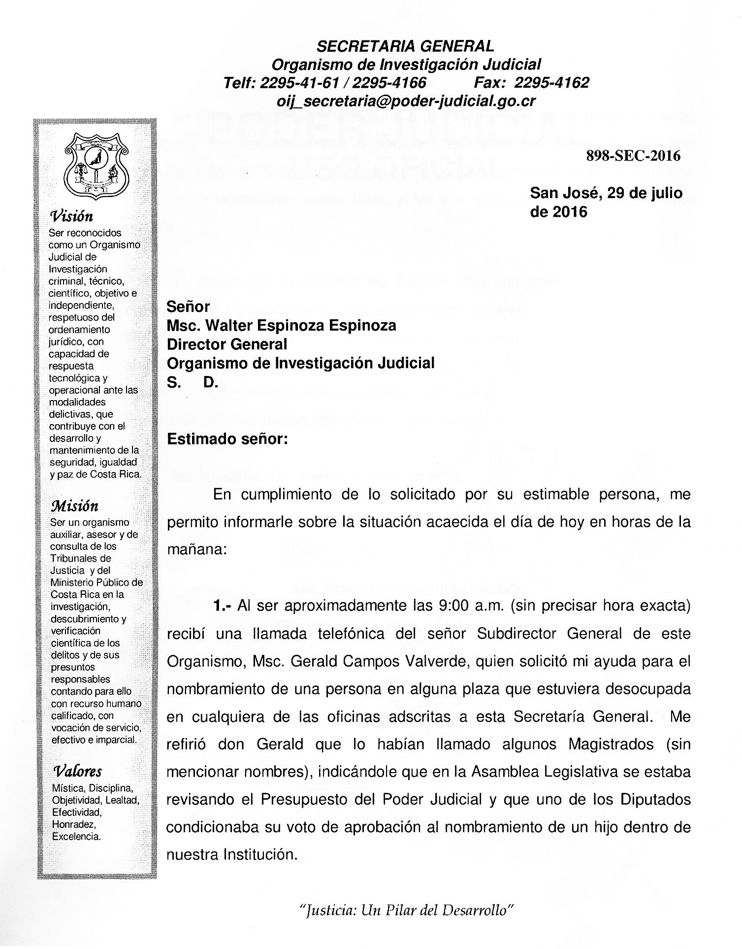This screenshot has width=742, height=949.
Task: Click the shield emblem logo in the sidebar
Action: (97, 165)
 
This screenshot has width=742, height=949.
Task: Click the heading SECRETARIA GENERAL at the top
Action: (405, 46)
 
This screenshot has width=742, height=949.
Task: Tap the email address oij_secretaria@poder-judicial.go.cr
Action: (406, 101)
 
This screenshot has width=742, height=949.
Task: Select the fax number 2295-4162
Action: (554, 82)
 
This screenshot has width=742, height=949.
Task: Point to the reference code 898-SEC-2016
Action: (633, 156)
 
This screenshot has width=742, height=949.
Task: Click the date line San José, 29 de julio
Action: (606, 193)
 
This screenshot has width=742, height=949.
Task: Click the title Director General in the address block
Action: (227, 344)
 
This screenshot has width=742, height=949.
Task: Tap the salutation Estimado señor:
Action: (227, 439)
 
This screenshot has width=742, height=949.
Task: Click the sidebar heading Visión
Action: (72, 216)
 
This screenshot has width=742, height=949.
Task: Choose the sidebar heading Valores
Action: (77, 771)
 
